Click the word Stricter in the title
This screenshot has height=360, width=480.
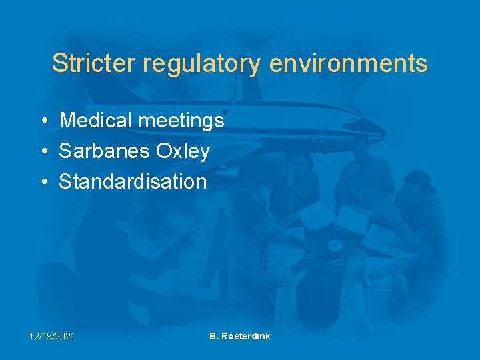tap(93, 63)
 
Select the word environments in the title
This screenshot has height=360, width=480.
tap(349, 63)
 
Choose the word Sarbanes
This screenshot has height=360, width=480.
tap(105, 151)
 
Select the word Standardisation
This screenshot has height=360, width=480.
tap(133, 181)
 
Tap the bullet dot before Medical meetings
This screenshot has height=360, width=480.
tap(43, 121)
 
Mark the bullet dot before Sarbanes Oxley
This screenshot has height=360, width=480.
tap(43, 152)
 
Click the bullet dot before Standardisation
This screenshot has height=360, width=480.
tap(43, 182)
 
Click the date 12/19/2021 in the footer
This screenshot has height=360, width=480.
tap(51, 336)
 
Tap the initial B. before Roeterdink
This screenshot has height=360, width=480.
tap(214, 336)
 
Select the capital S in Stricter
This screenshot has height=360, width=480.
tap(59, 63)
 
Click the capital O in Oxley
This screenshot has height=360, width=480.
tap(163, 151)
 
